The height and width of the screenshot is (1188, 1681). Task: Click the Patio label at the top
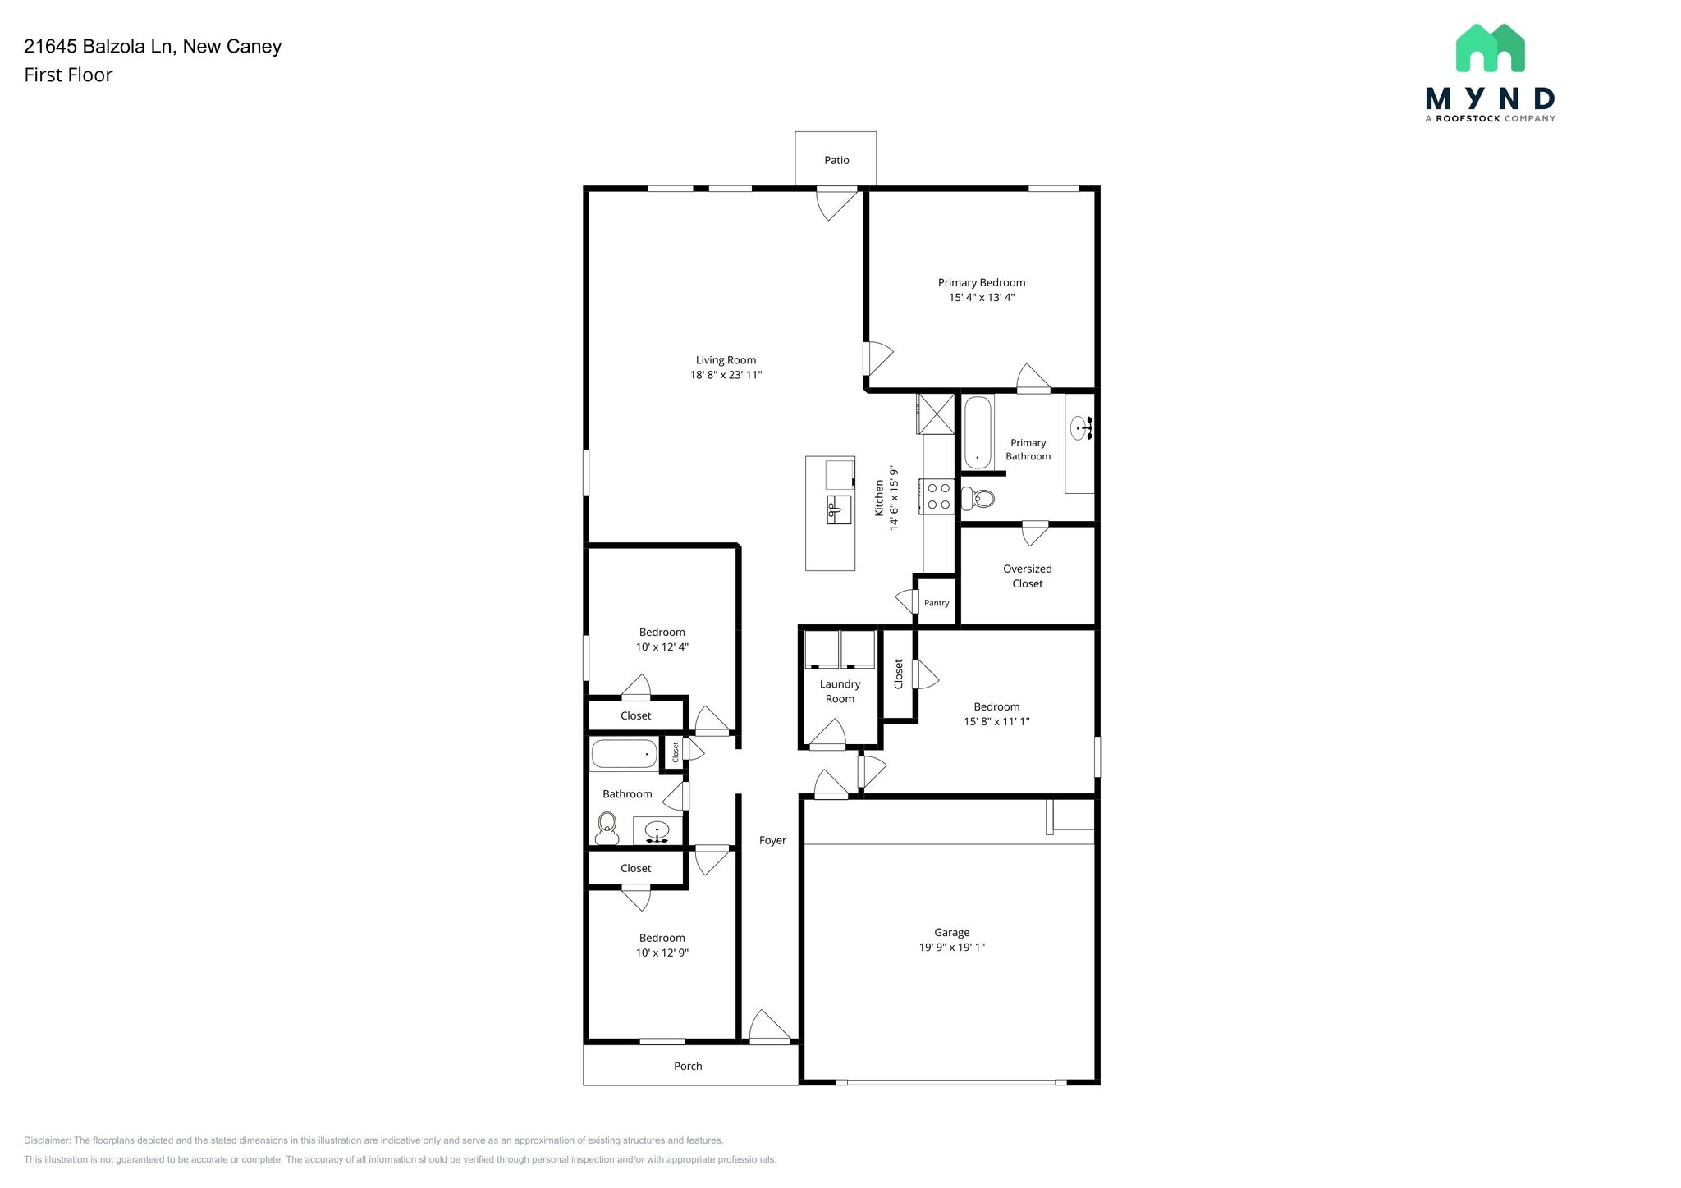pos(836,160)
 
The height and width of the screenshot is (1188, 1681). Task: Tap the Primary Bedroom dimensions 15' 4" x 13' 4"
pos(982,298)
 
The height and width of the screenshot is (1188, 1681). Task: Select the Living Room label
pos(726,360)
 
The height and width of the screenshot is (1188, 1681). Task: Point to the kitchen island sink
pos(838,509)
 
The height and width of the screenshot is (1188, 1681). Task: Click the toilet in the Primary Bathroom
pos(978,498)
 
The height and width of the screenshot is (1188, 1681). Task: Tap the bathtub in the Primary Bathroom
pos(977,432)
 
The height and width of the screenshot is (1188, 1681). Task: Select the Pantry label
pos(937,603)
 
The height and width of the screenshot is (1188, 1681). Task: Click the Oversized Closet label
pos(1027,576)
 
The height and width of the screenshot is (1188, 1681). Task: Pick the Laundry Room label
pos(840,692)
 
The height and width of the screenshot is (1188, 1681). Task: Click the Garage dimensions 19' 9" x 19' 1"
pos(951,948)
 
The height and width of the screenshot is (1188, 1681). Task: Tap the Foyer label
pos(772,840)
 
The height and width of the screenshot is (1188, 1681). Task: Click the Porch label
pos(688,1066)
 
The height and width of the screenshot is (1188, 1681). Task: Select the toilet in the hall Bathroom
pos(607,827)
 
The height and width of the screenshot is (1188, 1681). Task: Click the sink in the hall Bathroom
pos(657,832)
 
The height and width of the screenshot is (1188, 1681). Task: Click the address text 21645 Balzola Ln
pos(98,47)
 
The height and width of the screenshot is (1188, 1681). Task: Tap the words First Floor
pos(68,75)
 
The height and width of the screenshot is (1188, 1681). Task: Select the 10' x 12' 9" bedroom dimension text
pos(662,953)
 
